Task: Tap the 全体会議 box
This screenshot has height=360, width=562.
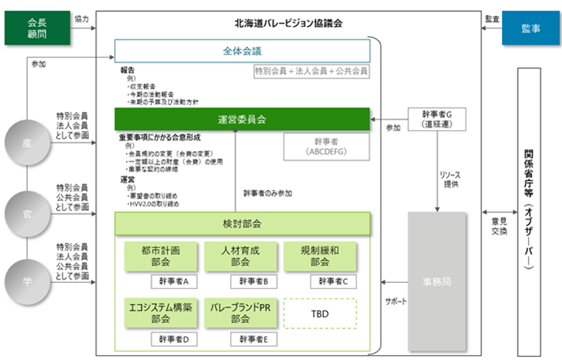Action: click(x=242, y=51)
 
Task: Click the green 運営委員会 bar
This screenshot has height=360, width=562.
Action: click(x=242, y=120)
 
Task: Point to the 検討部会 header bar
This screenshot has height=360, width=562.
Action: click(x=242, y=224)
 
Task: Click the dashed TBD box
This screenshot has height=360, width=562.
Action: click(x=319, y=313)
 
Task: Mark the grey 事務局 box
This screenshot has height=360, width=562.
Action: click(x=435, y=280)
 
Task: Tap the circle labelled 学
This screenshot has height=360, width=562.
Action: click(x=27, y=280)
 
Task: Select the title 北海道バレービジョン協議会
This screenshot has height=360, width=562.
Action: click(x=289, y=24)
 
